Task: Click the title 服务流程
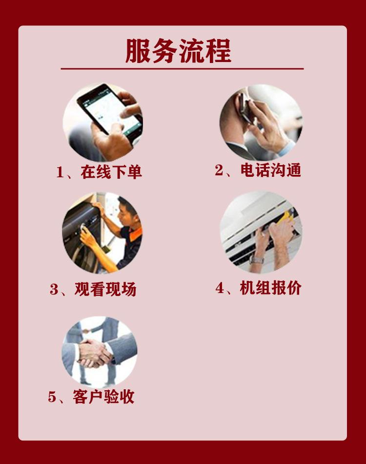(179, 50)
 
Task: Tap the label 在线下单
(112, 172)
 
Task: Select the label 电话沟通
(271, 170)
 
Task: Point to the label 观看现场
(105, 289)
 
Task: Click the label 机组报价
(271, 288)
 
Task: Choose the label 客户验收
(103, 397)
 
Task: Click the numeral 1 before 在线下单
(60, 172)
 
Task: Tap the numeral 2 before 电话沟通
(219, 170)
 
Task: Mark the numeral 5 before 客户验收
(52, 397)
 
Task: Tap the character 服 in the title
(138, 50)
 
